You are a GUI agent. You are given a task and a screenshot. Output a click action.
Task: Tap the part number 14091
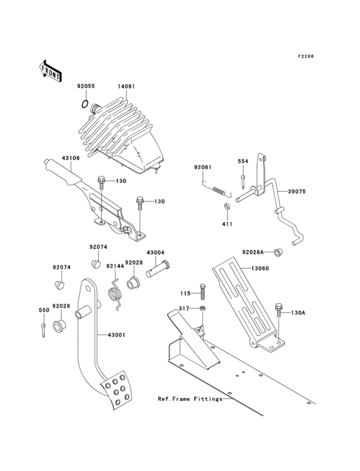pos(127,85)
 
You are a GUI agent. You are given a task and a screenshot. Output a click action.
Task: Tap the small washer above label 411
pos(228,206)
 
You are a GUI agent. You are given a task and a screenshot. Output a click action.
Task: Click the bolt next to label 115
pos(203,291)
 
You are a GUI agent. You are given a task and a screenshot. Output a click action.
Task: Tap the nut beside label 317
pos(202,309)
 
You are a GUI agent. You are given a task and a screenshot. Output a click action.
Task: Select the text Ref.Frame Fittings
pos(190,399)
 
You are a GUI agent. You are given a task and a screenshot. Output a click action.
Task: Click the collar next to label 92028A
pos(278,252)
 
